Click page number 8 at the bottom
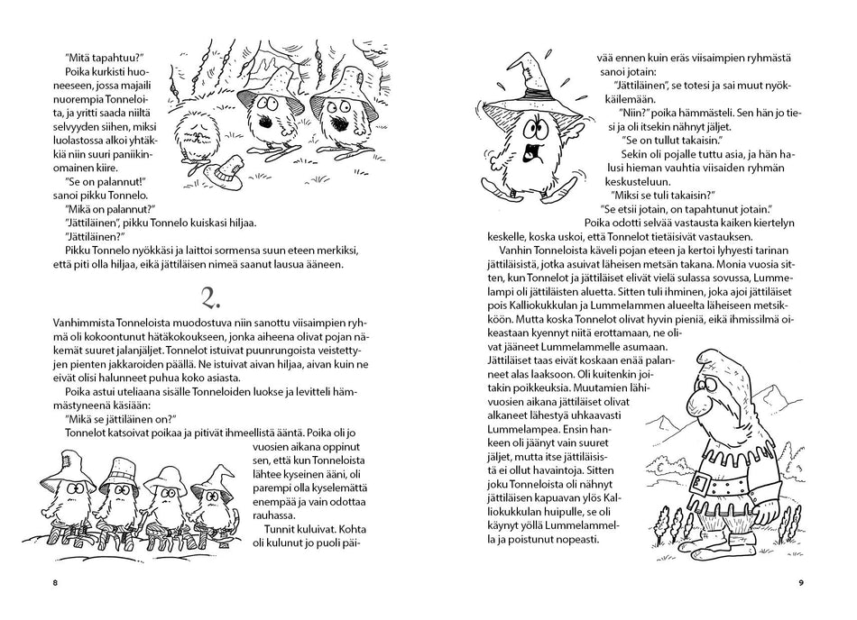55,583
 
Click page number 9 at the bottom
800,583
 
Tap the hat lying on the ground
222,167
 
